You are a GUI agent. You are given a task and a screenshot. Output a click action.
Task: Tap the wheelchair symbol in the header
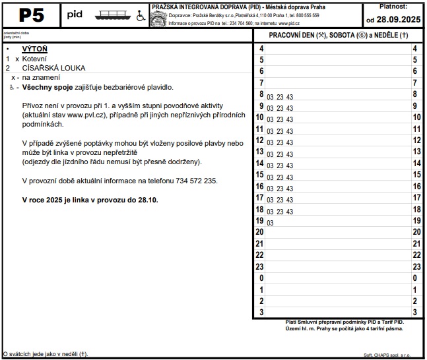click(141, 16)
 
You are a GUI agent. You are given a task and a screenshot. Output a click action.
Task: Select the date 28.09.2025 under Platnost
click(393, 20)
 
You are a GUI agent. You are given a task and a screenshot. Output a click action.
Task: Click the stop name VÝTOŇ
click(34, 49)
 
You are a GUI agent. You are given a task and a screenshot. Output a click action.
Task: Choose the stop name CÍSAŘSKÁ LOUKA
click(53, 68)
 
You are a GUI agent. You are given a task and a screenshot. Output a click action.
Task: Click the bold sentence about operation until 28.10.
click(90, 199)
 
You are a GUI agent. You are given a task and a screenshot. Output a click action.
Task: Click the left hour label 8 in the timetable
click(261, 95)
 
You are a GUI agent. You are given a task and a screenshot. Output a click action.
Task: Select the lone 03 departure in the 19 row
click(270, 223)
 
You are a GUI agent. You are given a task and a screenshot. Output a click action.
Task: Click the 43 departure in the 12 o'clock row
click(290, 142)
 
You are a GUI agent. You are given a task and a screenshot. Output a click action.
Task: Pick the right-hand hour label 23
click(414, 266)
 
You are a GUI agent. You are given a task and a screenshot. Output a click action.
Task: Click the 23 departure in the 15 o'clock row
click(280, 177)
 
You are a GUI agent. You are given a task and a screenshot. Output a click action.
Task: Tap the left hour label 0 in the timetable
click(261, 278)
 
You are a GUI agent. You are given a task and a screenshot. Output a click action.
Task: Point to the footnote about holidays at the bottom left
click(46, 354)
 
